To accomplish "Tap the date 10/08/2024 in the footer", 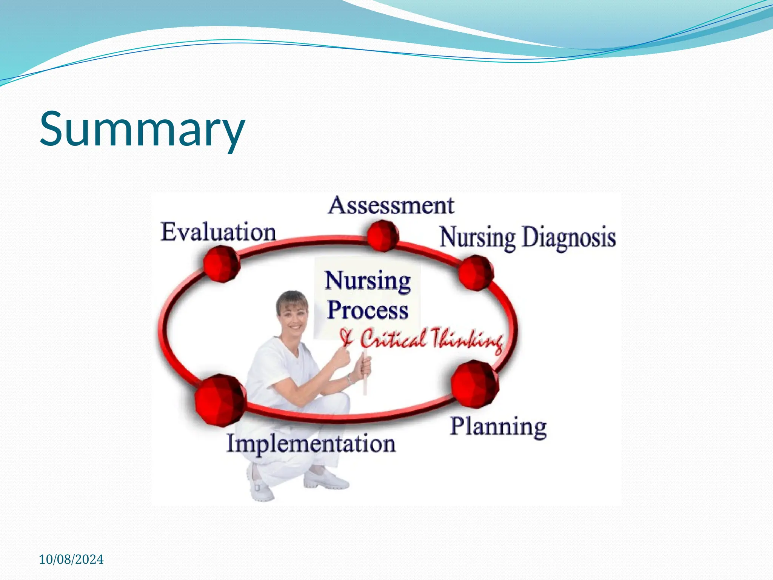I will tap(71, 559).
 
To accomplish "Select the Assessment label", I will tap(391, 206).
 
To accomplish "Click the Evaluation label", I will tap(218, 232).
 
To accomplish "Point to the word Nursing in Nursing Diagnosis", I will tap(477, 238).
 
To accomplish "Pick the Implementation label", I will tap(311, 443).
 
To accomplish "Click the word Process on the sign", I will tap(367, 310).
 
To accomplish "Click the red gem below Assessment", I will tap(382, 236).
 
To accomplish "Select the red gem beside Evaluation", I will tap(222, 264).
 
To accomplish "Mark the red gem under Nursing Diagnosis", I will tap(476, 272).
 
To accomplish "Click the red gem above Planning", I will tap(475, 384).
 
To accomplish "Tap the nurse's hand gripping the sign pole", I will tap(364, 366).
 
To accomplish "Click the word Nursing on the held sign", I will tap(367, 281).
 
